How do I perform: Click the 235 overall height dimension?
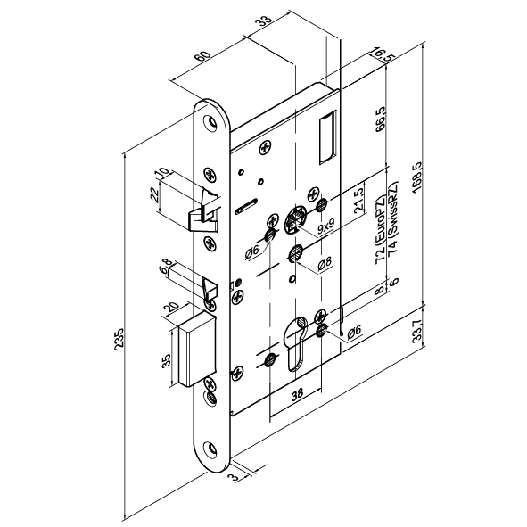(119, 339)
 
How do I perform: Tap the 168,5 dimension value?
(416, 177)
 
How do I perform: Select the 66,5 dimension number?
(380, 119)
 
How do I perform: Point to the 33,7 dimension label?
(417, 331)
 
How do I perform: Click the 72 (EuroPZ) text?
(381, 229)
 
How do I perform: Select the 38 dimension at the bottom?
(296, 394)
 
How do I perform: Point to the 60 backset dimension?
(203, 57)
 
